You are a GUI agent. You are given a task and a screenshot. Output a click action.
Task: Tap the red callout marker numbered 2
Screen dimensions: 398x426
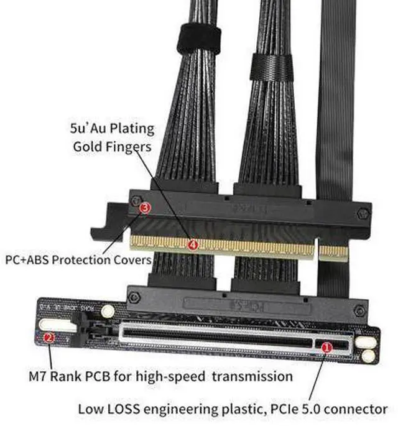(x=49, y=338)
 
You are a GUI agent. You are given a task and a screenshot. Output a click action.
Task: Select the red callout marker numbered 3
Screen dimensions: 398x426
(x=145, y=208)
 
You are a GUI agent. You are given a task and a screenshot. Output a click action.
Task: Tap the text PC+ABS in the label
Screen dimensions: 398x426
(x=25, y=258)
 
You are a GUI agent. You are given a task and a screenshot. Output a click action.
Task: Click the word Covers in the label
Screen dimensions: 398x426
(x=130, y=258)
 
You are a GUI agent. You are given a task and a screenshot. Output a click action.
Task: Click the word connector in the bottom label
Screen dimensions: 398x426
(x=359, y=409)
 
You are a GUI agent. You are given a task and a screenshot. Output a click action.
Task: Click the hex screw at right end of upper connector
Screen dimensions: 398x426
(x=363, y=213)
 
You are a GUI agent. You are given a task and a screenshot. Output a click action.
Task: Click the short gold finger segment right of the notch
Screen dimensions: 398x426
(x=333, y=252)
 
